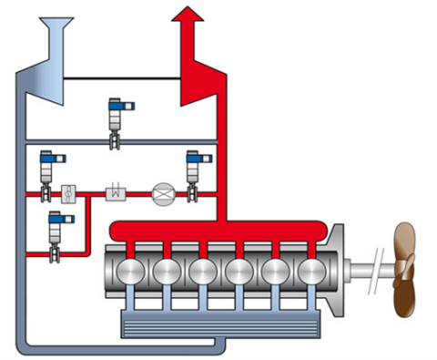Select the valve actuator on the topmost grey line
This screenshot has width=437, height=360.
[116, 118]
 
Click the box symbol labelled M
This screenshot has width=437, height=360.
[116, 192]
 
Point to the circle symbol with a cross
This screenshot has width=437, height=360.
[162, 192]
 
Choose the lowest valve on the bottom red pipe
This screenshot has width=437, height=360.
[57, 232]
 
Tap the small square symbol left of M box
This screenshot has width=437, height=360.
[68, 193]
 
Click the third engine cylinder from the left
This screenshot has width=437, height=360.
[202, 271]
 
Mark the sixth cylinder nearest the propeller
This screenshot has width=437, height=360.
[311, 271]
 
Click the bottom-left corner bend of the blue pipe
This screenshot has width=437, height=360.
[25, 344]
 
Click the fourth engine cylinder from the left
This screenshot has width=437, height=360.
[239, 271]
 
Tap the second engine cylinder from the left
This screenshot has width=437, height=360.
[166, 271]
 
